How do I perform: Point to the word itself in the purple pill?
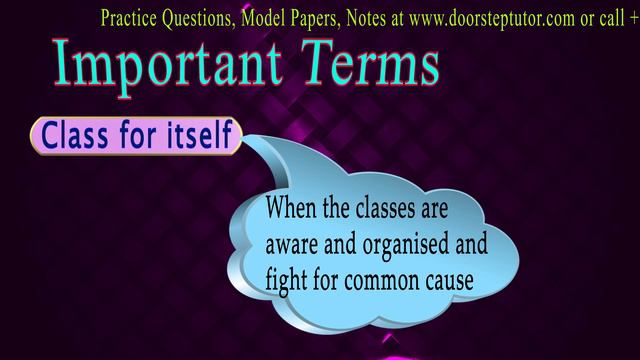195,135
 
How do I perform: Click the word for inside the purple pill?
137,135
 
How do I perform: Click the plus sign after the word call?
633,16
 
